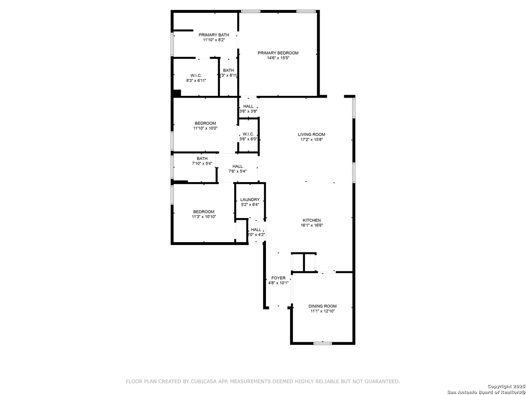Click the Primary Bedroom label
tap(278, 53)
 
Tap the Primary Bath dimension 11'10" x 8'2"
tap(214, 40)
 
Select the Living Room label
tap(311, 135)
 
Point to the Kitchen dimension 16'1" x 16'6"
tap(312, 225)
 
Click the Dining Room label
tap(323, 306)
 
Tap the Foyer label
tap(278, 278)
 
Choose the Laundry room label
tap(250, 200)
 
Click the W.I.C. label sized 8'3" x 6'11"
tap(196, 75)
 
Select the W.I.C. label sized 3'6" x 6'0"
tap(248, 134)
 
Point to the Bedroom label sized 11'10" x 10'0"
tap(205, 123)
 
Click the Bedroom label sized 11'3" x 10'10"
tap(203, 212)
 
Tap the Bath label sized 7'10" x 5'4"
tap(202, 158)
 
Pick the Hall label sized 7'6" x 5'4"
tap(237, 166)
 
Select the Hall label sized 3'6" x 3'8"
tap(248, 106)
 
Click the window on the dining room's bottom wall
tap(323, 343)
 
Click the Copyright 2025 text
tap(506, 386)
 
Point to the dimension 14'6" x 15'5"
tap(278, 58)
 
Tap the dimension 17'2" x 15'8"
tap(311, 139)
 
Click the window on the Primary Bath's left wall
tap(172, 44)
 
